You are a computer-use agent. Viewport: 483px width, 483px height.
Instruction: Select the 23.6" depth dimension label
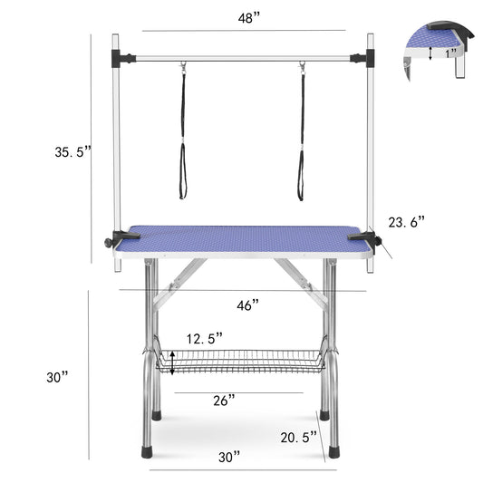click(407, 221)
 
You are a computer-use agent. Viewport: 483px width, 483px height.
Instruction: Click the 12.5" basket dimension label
click(204, 338)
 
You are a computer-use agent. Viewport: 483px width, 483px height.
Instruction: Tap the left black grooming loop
click(183, 136)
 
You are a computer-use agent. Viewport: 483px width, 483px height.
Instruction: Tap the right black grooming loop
click(301, 136)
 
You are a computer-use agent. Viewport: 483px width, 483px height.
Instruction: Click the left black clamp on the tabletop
click(121, 238)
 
